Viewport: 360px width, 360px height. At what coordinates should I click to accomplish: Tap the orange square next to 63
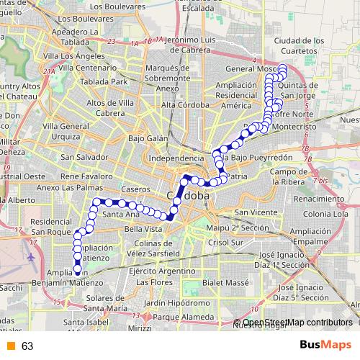pyautogui.click(x=10, y=346)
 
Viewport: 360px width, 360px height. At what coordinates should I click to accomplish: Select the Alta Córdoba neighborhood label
pyautogui.click(x=185, y=105)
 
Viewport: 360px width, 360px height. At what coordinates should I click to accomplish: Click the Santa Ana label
pyautogui.click(x=120, y=214)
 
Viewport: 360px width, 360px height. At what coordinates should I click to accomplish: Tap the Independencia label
pyautogui.click(x=176, y=158)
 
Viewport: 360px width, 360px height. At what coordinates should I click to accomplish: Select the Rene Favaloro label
pyautogui.click(x=86, y=175)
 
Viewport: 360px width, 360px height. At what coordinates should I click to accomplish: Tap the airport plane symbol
pyautogui.click(x=32, y=256)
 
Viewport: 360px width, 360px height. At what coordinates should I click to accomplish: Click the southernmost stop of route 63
pyautogui.click(x=77, y=271)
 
